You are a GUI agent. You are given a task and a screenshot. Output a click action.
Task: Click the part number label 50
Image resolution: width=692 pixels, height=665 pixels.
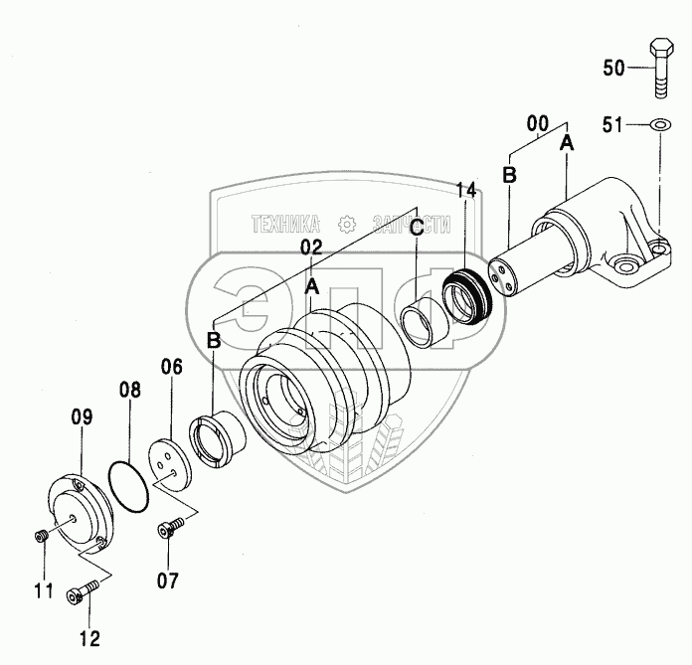pos(614,69)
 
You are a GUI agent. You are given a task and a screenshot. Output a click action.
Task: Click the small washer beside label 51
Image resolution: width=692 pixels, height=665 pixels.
pos(659,124)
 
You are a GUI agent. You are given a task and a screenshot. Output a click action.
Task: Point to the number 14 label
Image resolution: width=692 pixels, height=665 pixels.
pos(465,192)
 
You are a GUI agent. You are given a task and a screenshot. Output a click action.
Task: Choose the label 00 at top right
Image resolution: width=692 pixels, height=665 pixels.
pos(537,123)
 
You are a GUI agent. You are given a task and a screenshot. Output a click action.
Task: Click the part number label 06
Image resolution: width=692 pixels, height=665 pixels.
pos(171,368)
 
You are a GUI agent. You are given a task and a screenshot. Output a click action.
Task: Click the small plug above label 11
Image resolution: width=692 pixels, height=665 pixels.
pos(41,537)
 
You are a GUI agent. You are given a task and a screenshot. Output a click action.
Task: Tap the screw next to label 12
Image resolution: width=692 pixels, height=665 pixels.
pos(79,593)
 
